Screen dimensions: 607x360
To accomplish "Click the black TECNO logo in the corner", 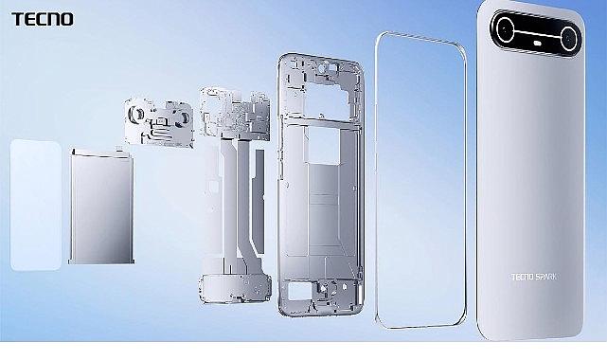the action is pyautogui.click(x=43, y=19).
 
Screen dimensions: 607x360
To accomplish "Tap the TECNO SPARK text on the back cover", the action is pyautogui.click(x=533, y=278).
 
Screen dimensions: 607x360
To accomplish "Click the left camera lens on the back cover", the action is pyautogui.click(x=505, y=29).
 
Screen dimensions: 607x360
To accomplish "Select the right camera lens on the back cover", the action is pyautogui.click(x=569, y=38).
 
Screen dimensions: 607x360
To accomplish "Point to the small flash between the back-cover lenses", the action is pyautogui.click(x=537, y=44).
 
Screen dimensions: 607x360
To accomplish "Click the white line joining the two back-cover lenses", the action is pyautogui.click(x=537, y=34).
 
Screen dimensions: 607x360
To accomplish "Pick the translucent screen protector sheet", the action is pyautogui.click(x=36, y=206).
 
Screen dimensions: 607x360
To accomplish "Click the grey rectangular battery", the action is pyautogui.click(x=101, y=207).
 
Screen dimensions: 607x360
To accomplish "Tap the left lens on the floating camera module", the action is pyautogui.click(x=136, y=114).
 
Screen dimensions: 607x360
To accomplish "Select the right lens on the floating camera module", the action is pyautogui.click(x=183, y=118).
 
